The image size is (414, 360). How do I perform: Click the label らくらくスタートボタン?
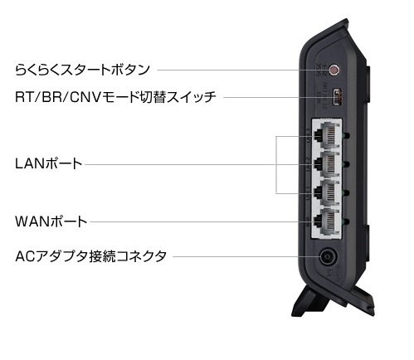[x=82, y=70]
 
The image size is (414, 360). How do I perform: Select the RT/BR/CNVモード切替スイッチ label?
[x=115, y=97]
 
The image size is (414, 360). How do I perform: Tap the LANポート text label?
[x=49, y=163]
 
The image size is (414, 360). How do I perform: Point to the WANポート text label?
[x=51, y=221]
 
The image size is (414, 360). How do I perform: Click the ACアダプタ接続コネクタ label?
[x=91, y=256]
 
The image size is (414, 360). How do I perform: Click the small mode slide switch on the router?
[x=337, y=97]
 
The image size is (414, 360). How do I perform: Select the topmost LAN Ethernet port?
[x=327, y=135]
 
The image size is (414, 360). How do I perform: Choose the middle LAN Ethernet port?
[x=327, y=164]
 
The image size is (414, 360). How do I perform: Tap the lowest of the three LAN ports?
[x=327, y=193]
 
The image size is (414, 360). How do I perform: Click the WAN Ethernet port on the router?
[x=327, y=221]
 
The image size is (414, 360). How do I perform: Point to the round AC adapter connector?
[x=329, y=257]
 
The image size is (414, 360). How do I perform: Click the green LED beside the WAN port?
[x=346, y=221]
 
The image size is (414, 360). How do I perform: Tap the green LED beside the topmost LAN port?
[x=346, y=135]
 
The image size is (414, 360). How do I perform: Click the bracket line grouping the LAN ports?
[x=276, y=165]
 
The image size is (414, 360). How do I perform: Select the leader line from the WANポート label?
[x=202, y=221]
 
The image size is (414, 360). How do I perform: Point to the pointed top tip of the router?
[x=347, y=19]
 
